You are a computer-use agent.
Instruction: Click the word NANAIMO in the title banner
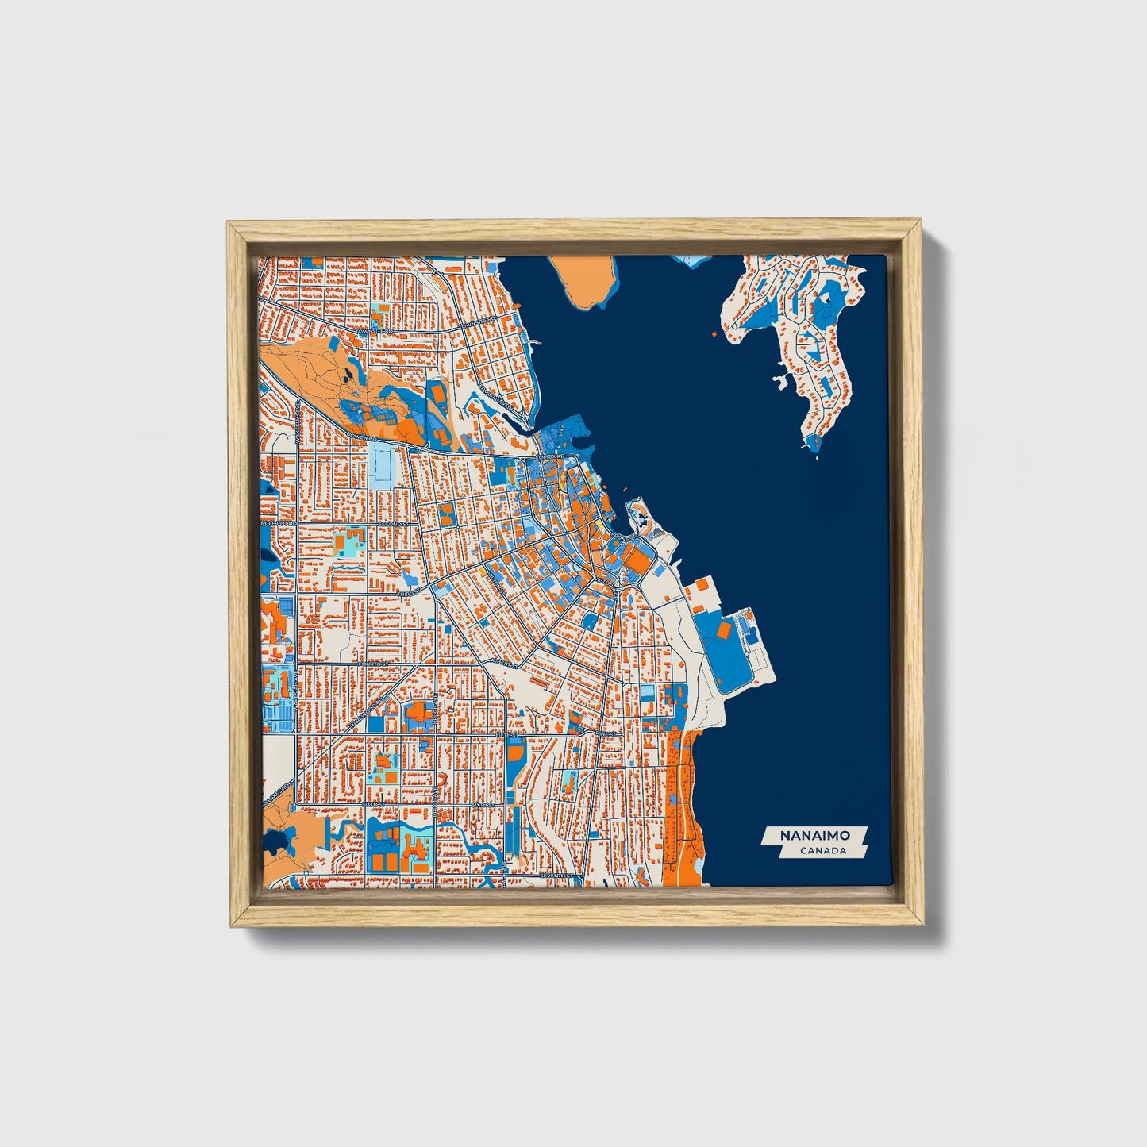coord(814,836)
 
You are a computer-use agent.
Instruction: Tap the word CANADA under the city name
coord(823,851)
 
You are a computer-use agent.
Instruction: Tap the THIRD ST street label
coord(409,592)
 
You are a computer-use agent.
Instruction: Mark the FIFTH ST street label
coord(505,736)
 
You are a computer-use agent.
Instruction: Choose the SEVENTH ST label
coord(555,875)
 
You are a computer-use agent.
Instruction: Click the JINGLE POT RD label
coord(279,524)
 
